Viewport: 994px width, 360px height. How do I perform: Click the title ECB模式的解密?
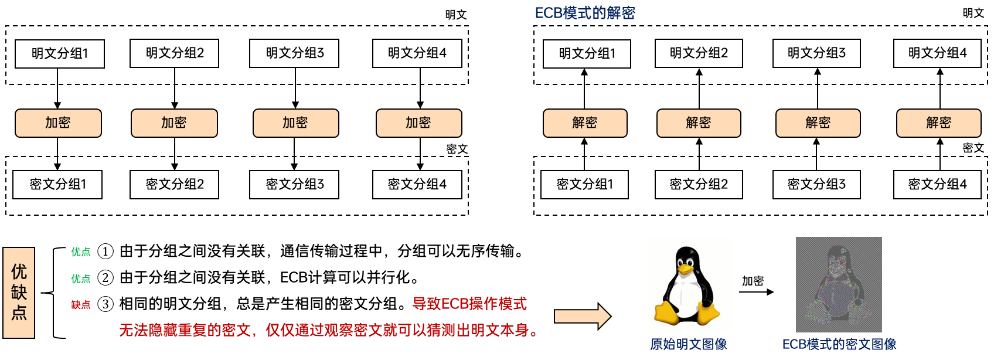[585, 13]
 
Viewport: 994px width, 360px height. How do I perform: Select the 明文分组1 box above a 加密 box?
[60, 54]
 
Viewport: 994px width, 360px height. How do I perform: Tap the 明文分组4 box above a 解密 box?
[937, 53]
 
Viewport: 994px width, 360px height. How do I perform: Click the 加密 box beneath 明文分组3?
[295, 123]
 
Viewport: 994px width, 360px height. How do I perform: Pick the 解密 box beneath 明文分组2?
[699, 123]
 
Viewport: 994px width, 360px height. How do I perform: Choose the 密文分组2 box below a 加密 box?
[174, 185]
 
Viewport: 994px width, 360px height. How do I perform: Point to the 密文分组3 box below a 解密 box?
[816, 185]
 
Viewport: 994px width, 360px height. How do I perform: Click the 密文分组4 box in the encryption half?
[417, 185]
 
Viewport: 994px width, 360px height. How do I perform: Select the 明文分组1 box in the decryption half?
[587, 54]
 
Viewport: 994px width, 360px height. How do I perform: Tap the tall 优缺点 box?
[19, 293]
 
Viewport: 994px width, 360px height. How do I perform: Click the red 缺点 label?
[81, 305]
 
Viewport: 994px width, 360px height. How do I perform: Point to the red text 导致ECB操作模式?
[469, 304]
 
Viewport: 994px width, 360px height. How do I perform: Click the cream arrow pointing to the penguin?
[582, 317]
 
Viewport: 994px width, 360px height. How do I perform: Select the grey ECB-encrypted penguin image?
[839, 284]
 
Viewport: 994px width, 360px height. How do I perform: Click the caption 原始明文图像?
[688, 344]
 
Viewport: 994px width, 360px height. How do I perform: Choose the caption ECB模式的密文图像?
[839, 344]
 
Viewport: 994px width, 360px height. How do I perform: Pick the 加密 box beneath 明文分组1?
[58, 123]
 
